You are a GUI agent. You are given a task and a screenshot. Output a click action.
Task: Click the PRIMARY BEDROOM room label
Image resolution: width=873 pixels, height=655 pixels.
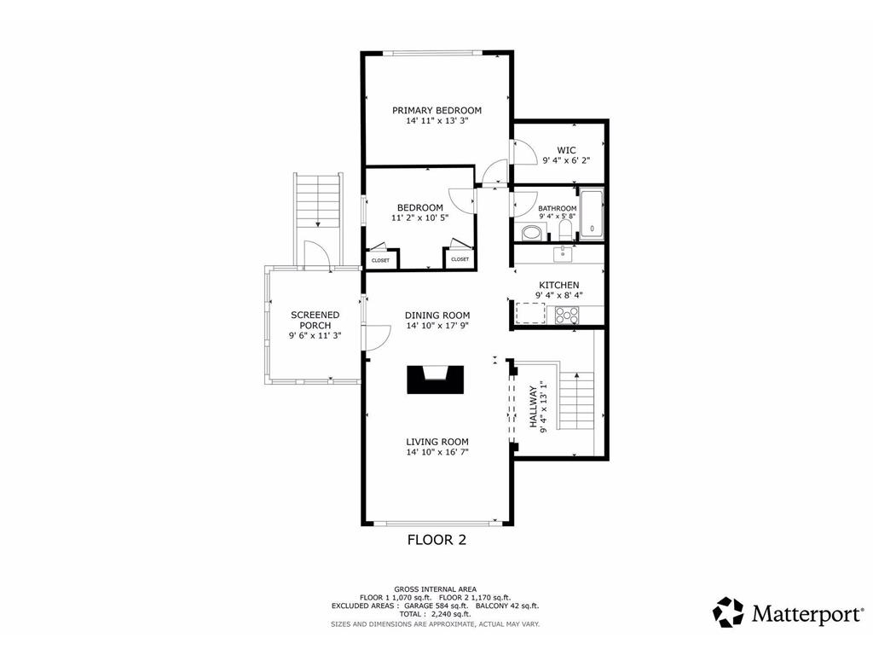coord(436,110)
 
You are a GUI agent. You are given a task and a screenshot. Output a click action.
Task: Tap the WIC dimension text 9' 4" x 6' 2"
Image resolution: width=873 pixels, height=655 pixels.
coord(566,160)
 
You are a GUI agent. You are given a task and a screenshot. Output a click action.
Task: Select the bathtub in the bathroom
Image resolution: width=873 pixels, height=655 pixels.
coord(592,215)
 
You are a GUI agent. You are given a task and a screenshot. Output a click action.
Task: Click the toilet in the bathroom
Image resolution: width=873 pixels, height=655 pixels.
coord(564,229)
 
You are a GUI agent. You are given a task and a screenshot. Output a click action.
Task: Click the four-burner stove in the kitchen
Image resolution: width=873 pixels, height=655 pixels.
coord(567,316)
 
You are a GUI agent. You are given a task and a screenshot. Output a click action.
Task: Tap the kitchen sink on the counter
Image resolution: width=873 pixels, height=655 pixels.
coord(564,254)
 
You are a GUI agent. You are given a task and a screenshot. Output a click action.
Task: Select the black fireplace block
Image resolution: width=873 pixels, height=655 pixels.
coord(436,380)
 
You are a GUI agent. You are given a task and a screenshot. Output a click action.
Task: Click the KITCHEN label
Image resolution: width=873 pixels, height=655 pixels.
coord(559,285)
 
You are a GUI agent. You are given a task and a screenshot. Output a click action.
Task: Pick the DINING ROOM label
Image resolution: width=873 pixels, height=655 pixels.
coord(437,316)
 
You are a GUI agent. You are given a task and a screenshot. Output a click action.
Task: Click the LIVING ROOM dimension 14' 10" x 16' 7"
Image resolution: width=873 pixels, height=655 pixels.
coord(437,452)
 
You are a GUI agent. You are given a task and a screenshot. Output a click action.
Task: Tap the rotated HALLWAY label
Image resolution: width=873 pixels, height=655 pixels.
coord(533,407)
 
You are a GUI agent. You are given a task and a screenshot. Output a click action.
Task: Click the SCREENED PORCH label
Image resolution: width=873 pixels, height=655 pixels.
coord(315,321)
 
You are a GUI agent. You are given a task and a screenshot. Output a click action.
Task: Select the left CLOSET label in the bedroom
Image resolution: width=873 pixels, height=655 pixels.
coord(381,261)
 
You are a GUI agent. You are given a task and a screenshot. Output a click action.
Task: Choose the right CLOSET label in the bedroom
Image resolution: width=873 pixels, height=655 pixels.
coord(460,259)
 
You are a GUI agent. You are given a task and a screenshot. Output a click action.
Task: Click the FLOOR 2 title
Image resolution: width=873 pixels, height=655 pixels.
coord(437,540)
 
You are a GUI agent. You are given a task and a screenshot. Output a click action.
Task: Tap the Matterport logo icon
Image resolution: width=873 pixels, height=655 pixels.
coord(729,612)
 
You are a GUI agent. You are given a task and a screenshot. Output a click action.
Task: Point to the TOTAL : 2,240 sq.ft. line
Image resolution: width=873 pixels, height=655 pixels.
coord(435,614)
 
